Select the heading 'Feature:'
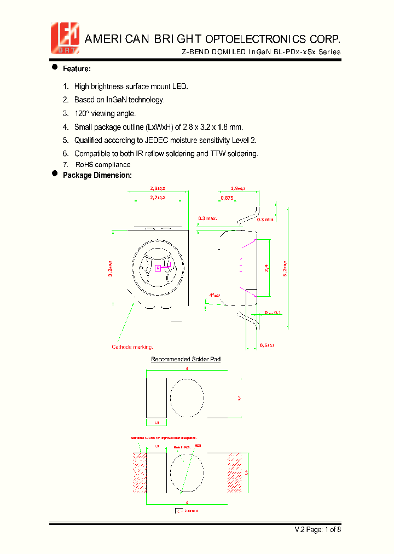click(x=77, y=69)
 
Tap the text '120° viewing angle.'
click(x=105, y=113)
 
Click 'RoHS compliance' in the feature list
click(x=103, y=165)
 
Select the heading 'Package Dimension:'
click(x=97, y=175)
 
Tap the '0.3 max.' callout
click(x=207, y=218)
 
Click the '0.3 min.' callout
click(x=265, y=219)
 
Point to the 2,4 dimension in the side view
click(x=266, y=268)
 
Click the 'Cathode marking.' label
click(x=132, y=347)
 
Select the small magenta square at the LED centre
click(x=158, y=268)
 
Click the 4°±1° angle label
click(x=215, y=295)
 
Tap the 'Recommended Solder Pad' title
click(x=186, y=359)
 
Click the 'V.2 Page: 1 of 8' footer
click(x=318, y=529)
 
